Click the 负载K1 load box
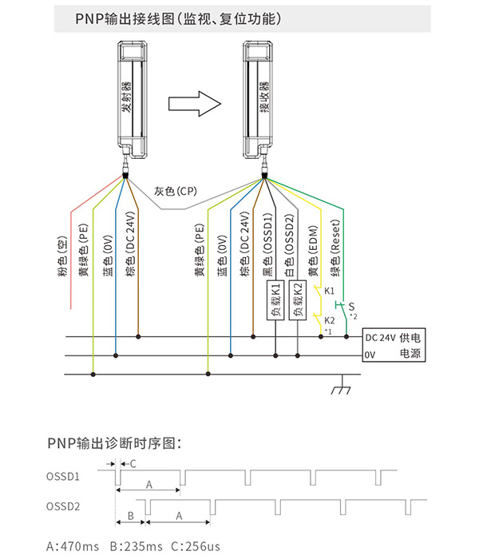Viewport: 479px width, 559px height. [x=275, y=300]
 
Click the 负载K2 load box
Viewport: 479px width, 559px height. [x=298, y=300]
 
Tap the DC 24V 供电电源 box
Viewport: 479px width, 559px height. [x=394, y=345]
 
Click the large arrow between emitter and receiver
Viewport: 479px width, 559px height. [x=195, y=104]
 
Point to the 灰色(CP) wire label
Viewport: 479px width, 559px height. [x=176, y=192]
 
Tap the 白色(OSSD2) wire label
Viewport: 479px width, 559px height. [x=290, y=245]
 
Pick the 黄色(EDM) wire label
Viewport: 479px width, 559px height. [x=313, y=251]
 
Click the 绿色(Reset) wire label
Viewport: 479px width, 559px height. [x=335, y=248]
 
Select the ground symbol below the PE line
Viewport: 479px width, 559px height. [x=342, y=385]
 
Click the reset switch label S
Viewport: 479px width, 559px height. [x=352, y=307]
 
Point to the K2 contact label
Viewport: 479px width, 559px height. [x=329, y=320]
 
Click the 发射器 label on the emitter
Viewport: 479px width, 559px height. [x=126, y=97]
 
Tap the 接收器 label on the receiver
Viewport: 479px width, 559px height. [x=264, y=97]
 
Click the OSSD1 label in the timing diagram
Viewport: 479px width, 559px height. [x=63, y=477]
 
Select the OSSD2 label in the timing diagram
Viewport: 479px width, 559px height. [x=63, y=506]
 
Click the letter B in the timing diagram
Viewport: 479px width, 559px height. [x=130, y=516]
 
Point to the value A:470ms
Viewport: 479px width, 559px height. [x=73, y=546]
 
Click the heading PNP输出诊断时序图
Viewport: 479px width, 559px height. [x=114, y=443]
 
